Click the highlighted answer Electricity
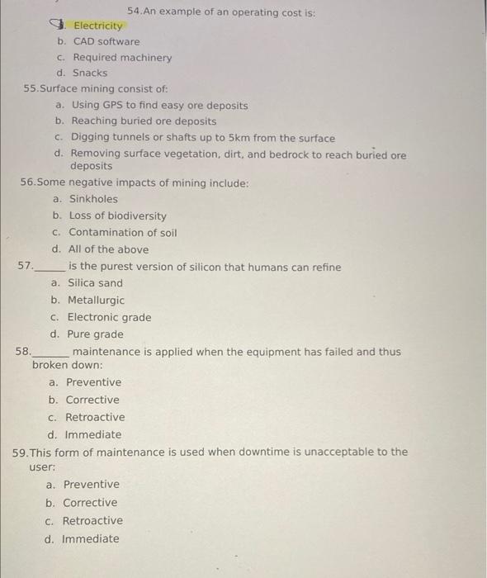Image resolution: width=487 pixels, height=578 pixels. (98, 26)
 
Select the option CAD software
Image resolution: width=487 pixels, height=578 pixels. (106, 41)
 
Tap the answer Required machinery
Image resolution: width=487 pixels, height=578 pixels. (122, 58)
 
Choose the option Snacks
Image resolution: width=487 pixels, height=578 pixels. (90, 73)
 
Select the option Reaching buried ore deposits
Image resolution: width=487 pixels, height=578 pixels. (144, 121)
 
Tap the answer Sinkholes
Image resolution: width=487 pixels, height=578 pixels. (93, 199)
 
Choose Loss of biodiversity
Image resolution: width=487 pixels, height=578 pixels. (117, 216)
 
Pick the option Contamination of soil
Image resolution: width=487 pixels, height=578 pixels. (122, 233)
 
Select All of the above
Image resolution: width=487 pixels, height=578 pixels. (108, 249)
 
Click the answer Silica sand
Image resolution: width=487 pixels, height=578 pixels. (95, 283)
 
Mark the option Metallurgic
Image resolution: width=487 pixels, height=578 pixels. (96, 301)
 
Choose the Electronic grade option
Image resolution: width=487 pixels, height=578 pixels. (109, 318)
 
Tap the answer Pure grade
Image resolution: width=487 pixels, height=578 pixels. (95, 334)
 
